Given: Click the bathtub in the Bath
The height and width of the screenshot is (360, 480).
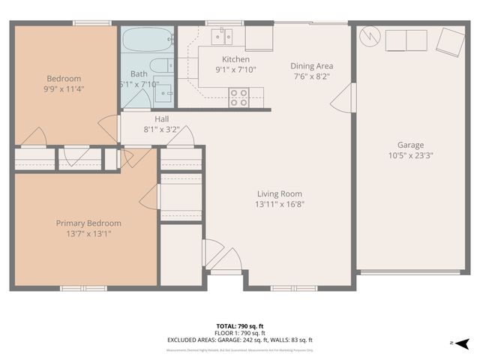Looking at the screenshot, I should click(147, 39).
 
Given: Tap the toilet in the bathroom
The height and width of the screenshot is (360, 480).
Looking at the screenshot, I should click(159, 66).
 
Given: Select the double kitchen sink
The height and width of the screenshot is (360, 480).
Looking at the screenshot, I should click(222, 35).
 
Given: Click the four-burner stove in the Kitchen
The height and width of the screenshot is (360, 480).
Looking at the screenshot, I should click(238, 97).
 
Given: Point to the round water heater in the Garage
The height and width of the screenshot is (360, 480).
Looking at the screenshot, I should click(370, 36).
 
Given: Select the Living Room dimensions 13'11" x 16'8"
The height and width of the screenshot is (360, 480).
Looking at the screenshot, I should click(279, 203).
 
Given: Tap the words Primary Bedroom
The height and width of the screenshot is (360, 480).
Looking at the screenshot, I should click(88, 223).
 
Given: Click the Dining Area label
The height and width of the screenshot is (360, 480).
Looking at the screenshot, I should click(311, 66).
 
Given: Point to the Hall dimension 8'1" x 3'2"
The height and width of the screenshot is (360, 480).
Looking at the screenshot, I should click(161, 129).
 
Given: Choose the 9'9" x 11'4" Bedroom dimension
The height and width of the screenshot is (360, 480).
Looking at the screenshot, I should click(64, 89).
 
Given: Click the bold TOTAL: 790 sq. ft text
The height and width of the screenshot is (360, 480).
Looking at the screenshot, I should click(239, 326).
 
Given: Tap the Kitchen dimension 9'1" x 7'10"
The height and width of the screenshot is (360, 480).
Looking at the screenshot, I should click(235, 70).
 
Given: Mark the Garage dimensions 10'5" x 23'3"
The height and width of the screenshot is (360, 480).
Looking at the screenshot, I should click(410, 155).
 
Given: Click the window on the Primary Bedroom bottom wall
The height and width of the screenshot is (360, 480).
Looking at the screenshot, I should click(83, 288).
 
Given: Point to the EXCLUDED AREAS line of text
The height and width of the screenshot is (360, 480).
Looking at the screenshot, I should click(239, 340).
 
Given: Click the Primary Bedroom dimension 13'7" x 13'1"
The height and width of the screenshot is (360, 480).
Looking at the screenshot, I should click(88, 233).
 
